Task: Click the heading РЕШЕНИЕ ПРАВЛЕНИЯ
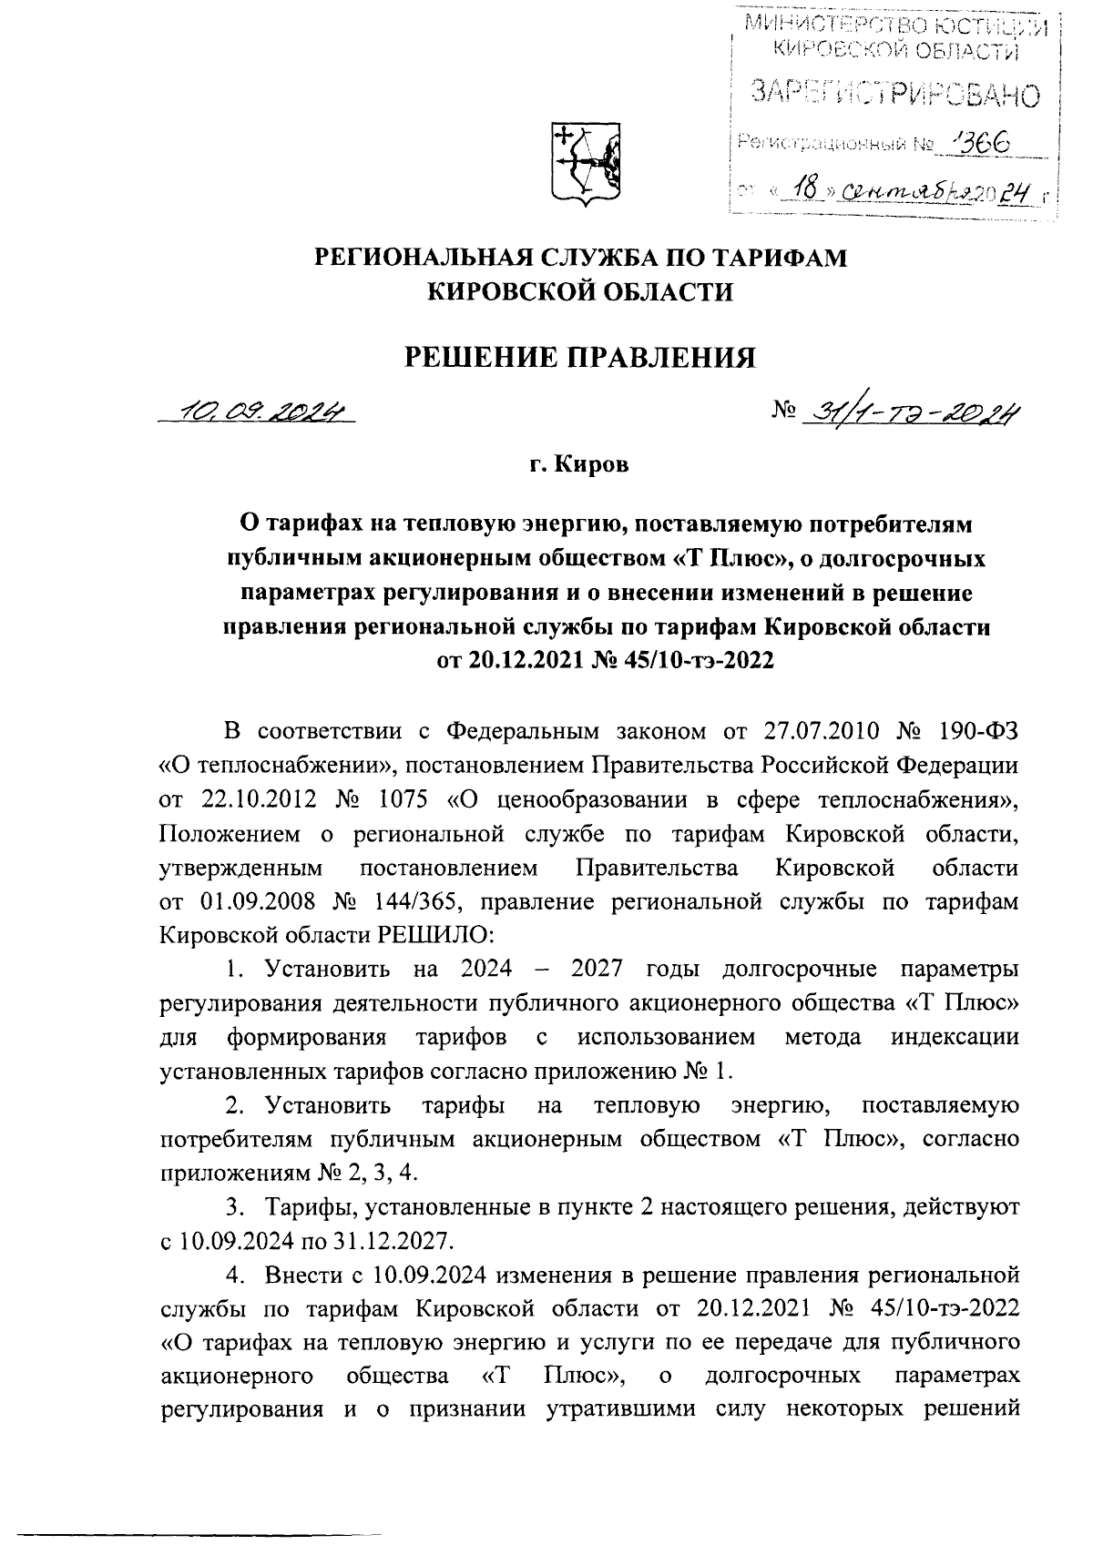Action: point(580,356)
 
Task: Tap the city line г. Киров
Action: point(579,466)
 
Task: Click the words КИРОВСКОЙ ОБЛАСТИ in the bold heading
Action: point(580,291)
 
